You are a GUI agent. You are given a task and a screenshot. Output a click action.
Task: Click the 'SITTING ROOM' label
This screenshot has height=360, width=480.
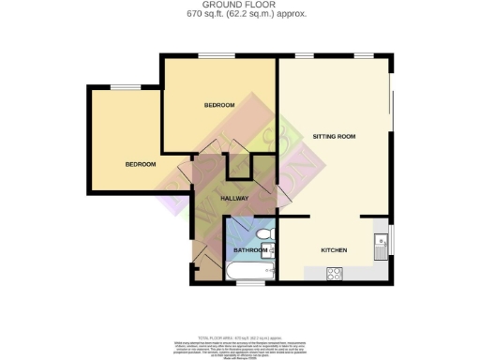coord(334,137)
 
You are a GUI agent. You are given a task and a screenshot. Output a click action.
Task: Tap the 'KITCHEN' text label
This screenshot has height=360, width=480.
coord(335,250)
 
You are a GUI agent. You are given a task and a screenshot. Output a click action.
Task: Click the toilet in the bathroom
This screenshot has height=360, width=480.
coord(263,232)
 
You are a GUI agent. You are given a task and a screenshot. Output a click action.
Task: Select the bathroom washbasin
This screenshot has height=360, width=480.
coord(268,250)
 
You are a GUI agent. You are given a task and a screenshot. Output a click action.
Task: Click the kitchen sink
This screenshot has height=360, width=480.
coord(380,246)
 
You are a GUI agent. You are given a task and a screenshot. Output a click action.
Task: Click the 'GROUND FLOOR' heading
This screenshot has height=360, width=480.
coord(240,6)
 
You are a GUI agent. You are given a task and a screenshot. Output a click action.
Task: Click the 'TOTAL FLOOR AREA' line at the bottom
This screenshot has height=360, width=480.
coord(240,336)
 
